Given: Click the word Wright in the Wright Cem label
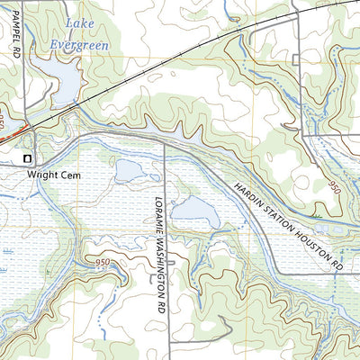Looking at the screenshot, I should pyautogui.click(x=42, y=175).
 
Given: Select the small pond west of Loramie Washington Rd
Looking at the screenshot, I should pyautogui.click(x=130, y=169).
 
